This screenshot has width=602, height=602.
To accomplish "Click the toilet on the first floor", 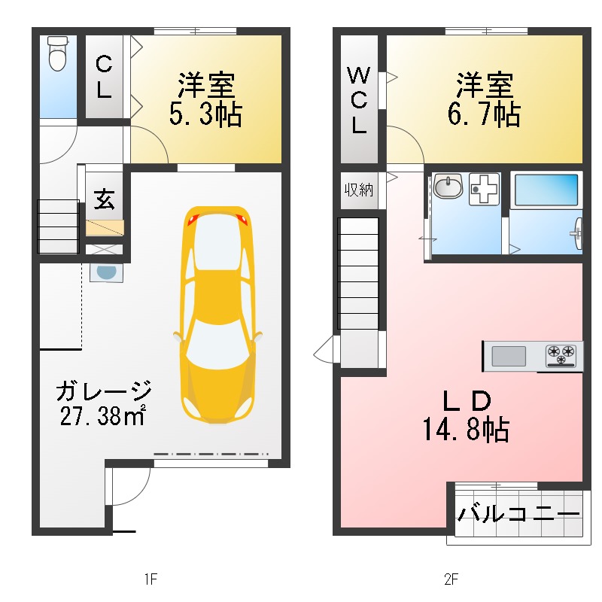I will [58, 54].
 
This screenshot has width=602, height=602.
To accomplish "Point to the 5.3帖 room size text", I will [205, 114].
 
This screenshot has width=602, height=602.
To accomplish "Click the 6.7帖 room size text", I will [483, 114].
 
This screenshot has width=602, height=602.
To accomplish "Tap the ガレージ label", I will [104, 391].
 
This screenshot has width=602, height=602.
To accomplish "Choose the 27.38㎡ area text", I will [102, 415].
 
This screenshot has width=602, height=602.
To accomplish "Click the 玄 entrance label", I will [104, 199].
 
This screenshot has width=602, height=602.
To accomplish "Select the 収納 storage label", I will [359, 189].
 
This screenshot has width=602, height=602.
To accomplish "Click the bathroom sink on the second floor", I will [448, 186].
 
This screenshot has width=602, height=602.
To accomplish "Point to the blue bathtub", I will [546, 190].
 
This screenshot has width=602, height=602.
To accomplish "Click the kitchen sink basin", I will [509, 355].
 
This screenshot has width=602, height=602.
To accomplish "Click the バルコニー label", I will [519, 515].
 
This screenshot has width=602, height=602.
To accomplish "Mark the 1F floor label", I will [150, 579].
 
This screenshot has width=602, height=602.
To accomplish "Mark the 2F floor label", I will [451, 579].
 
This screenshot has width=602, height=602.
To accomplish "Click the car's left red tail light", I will [191, 220].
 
